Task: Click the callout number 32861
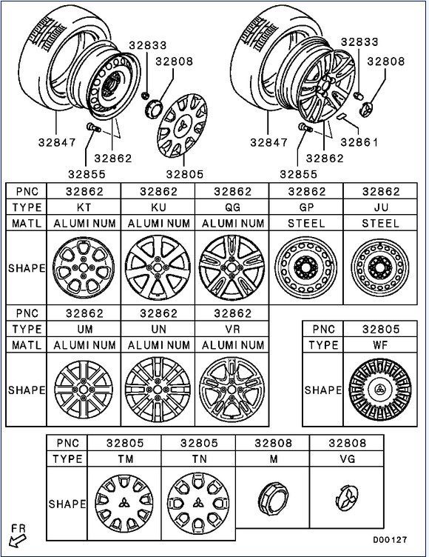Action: [x=359, y=142]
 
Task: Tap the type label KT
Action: [x=84, y=207]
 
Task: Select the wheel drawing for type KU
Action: [x=158, y=267]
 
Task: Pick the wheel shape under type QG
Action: [x=232, y=267]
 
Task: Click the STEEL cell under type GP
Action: [x=306, y=223]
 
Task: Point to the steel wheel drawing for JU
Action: [x=380, y=267]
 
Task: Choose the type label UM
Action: [x=84, y=329]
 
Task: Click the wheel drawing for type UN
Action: [x=158, y=390]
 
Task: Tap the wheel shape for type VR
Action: [x=232, y=390]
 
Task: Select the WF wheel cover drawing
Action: [x=380, y=389]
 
